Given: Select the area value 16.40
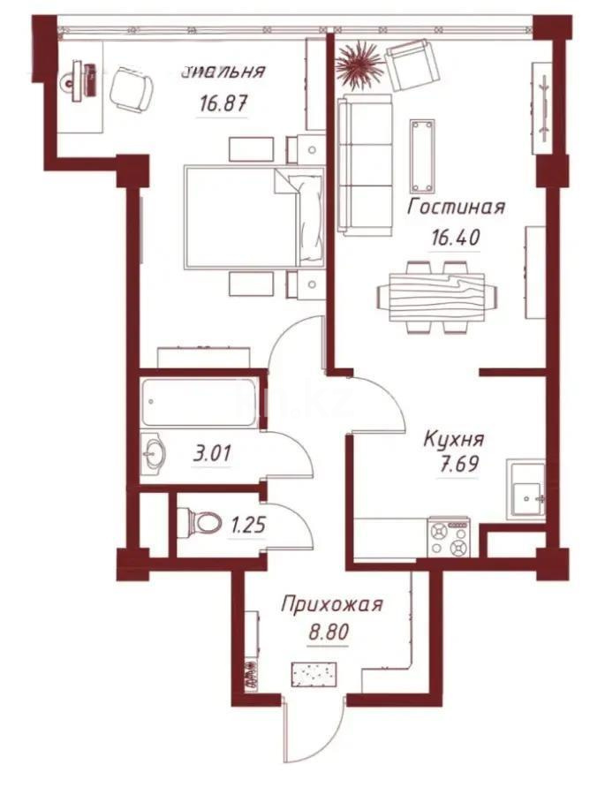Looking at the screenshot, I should (x=455, y=238).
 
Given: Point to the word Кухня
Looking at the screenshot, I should (x=453, y=438).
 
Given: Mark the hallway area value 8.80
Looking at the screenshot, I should (x=327, y=633).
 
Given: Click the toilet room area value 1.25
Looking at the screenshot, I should (x=248, y=526).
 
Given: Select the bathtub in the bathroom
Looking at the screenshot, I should (x=200, y=404).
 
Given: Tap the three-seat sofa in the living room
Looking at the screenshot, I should (x=365, y=168).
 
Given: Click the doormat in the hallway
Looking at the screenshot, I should (x=316, y=675).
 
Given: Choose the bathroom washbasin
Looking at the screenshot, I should (x=153, y=453).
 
